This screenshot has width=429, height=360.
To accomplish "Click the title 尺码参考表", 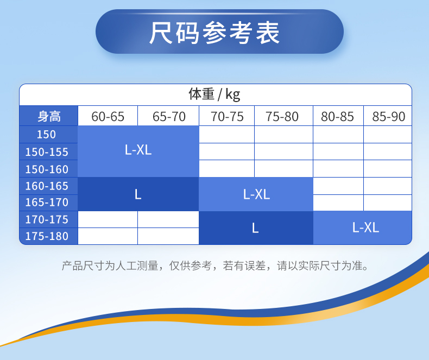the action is tap(214, 33).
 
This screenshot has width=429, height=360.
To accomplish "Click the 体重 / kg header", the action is tap(214, 94).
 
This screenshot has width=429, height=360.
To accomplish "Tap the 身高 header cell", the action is tap(49, 116).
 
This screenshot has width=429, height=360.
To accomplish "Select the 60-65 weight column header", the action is tap(108, 117).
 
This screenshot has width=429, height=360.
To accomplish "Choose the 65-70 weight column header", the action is tap(169, 117).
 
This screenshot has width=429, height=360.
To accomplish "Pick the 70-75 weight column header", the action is tap(227, 117).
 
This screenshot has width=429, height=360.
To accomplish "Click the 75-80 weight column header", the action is tap(282, 117).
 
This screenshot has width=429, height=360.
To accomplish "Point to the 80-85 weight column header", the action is tap(337, 117).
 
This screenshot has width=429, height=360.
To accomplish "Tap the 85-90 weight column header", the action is tap(388, 117).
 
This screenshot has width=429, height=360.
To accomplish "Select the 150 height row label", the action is tap(46, 134).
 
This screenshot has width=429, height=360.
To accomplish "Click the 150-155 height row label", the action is tap(47, 152).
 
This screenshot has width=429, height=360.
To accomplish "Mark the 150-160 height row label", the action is tap(47, 169).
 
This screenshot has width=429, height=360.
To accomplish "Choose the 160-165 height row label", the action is tap(47, 186).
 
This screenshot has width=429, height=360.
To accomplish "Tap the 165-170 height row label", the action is tap(47, 203).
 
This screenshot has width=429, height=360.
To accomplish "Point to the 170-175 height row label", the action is tap(47, 219).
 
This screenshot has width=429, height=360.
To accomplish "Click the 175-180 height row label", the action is tap(47, 236).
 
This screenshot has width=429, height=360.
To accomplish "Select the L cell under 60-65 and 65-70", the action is tap(138, 194).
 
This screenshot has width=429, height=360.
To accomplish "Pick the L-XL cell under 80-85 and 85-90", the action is tap(363, 228).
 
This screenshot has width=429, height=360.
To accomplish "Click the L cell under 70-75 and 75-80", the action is tap(256, 228).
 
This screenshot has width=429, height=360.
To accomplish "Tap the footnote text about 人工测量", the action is tap(215, 266).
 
